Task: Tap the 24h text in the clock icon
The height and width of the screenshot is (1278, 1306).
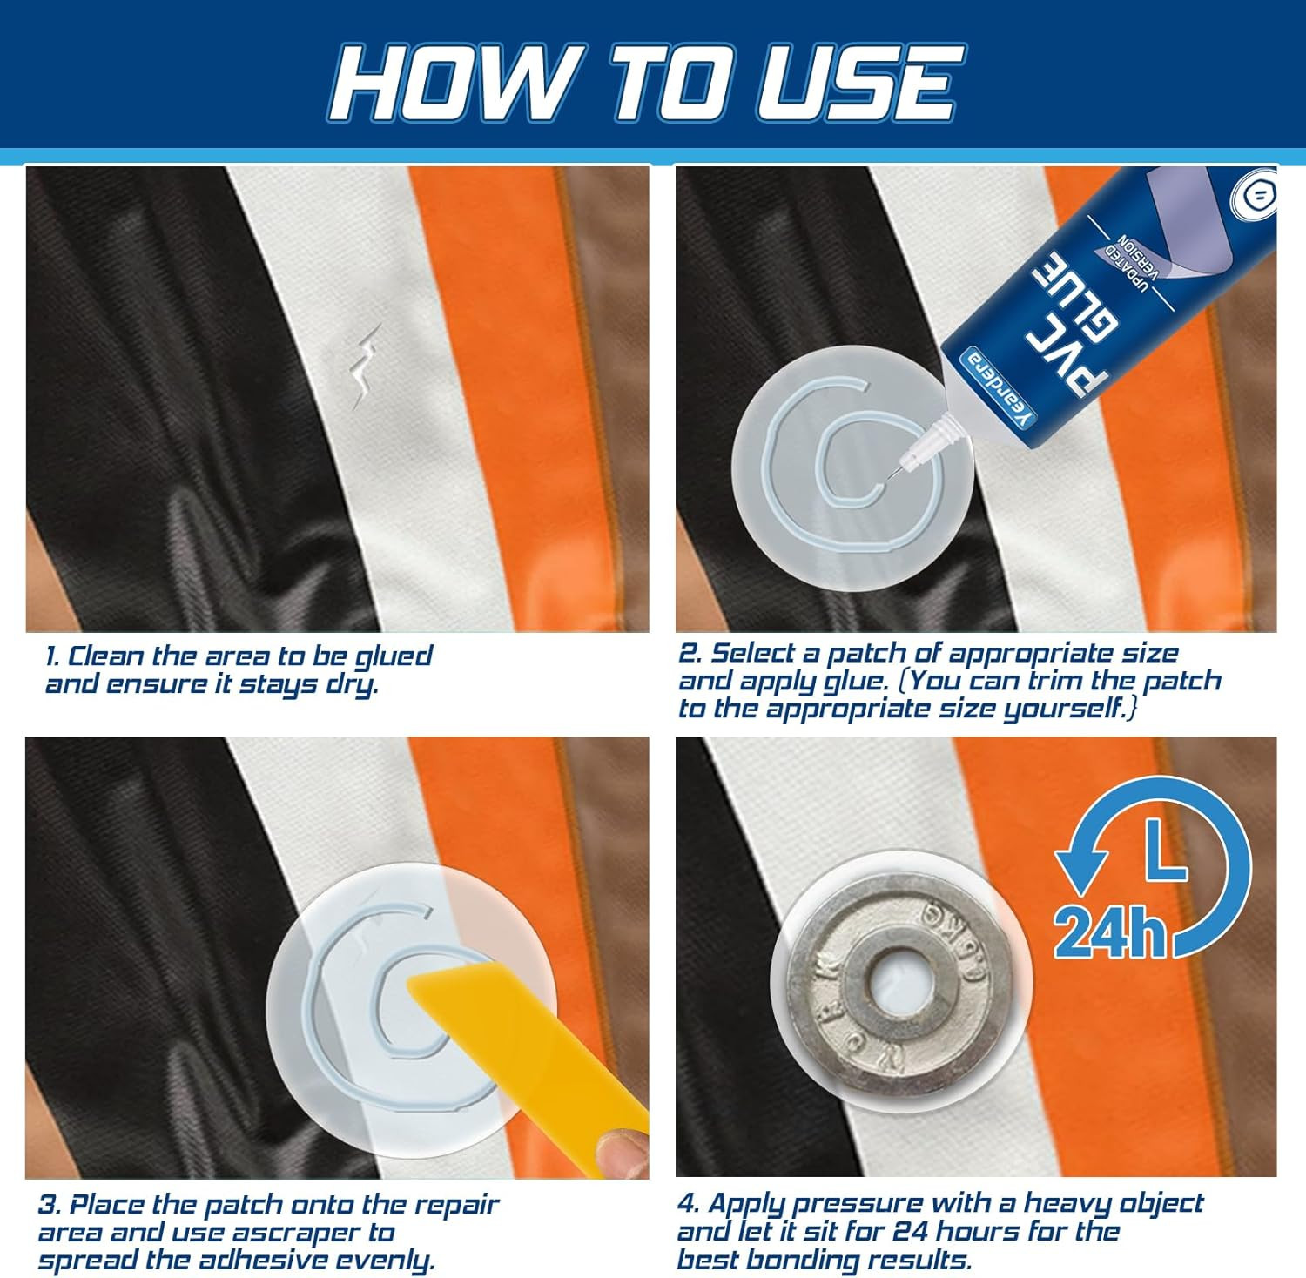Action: point(1109,932)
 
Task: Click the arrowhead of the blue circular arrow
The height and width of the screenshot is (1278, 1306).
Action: point(1080,865)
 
